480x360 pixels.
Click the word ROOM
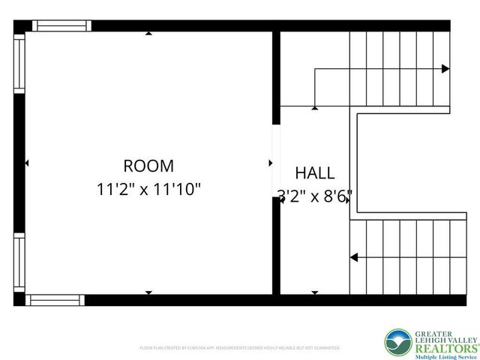pos(148,166)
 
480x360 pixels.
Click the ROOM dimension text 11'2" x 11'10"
pos(149,190)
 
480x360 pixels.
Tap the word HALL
pos(315,173)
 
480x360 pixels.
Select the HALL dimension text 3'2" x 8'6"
pos(315,196)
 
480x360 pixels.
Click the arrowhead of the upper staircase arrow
pos(445,69)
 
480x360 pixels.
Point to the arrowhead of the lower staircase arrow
pos(354,257)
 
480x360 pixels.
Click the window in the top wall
pos(61,25)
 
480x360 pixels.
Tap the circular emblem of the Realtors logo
pos(398,343)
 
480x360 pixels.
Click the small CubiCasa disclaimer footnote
pos(240,348)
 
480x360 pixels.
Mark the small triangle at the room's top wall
pos(148,33)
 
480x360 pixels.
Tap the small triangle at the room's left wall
pos(27,163)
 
